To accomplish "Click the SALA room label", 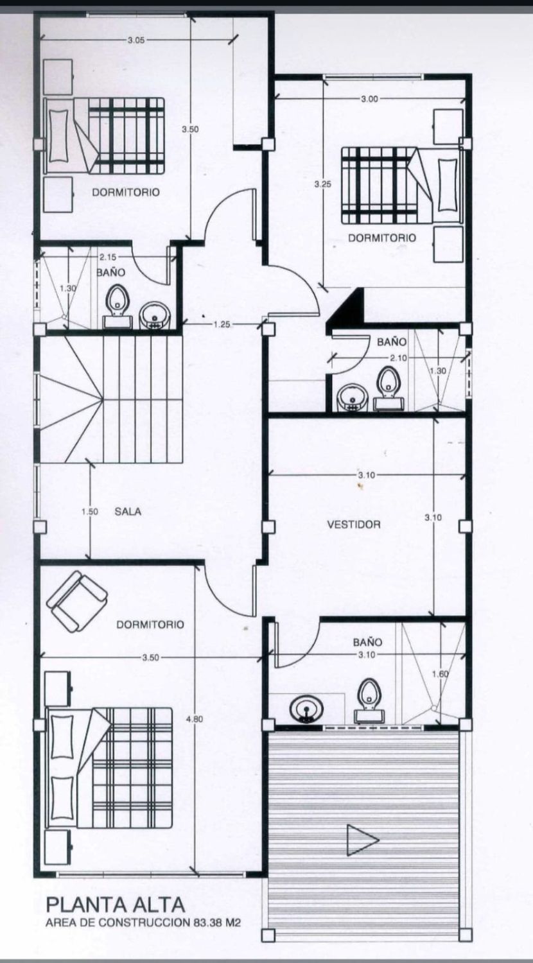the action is click(x=128, y=512).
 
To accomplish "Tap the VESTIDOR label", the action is click(x=354, y=525).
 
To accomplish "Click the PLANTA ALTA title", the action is click(x=116, y=905).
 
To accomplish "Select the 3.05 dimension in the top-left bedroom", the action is click(x=136, y=40).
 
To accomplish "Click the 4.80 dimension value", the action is click(x=195, y=718).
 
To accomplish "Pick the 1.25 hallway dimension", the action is click(x=222, y=325).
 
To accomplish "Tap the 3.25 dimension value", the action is click(x=322, y=184).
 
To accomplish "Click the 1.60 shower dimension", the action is click(x=441, y=673).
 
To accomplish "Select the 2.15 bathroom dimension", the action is click(x=108, y=257).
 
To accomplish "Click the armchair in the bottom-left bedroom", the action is click(x=76, y=601).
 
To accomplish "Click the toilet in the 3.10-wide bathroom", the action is click(x=369, y=700).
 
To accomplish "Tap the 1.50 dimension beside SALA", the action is click(x=90, y=512).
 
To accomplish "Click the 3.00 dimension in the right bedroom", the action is click(x=369, y=99).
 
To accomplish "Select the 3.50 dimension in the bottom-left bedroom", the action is click(x=150, y=657).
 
